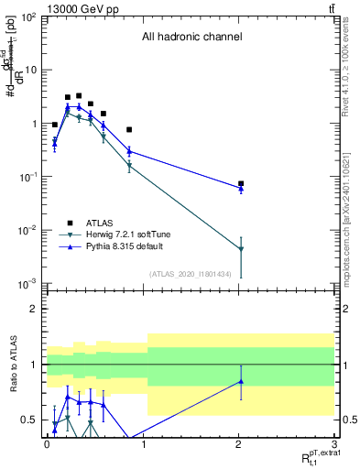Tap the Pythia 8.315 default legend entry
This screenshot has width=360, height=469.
[x=115, y=247]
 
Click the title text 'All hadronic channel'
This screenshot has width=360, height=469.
[x=191, y=38]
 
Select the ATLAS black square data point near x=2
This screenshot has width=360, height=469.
[x=241, y=184]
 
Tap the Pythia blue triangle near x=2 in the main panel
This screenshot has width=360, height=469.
[x=241, y=189]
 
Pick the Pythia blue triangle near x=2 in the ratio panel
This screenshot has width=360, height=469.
[x=241, y=381]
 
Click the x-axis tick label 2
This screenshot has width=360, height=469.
[x=239, y=442]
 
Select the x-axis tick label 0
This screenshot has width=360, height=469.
[x=46, y=442]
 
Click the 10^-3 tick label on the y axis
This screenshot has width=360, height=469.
[x=27, y=283]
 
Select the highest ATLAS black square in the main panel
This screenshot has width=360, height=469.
[x=79, y=95]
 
